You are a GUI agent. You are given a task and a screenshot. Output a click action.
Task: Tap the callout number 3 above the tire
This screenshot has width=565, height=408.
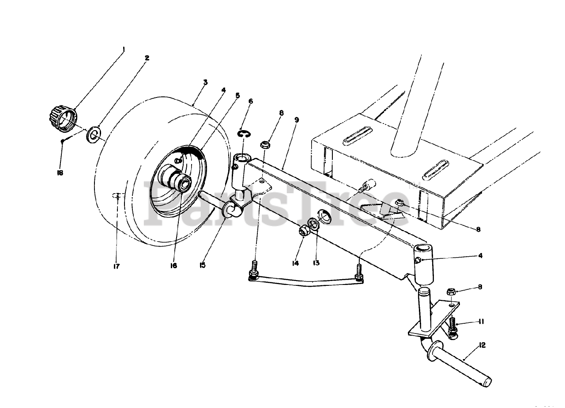[205, 82]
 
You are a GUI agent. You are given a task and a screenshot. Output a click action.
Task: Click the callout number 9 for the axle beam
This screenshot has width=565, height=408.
[296, 120]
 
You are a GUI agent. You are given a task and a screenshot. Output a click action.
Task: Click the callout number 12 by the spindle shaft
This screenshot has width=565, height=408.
[482, 345]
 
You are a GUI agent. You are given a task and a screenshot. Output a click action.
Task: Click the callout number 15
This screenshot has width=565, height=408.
[202, 265]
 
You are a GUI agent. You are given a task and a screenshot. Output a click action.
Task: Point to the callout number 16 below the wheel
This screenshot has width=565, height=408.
[173, 266]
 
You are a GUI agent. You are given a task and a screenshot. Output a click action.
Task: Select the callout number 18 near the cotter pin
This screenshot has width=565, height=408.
[60, 172]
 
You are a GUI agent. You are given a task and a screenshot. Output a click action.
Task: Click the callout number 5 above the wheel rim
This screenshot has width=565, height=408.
[237, 94]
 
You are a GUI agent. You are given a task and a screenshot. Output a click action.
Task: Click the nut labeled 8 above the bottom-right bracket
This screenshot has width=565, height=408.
[450, 292]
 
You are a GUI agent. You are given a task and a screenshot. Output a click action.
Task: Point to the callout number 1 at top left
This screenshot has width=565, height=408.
[124, 49]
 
